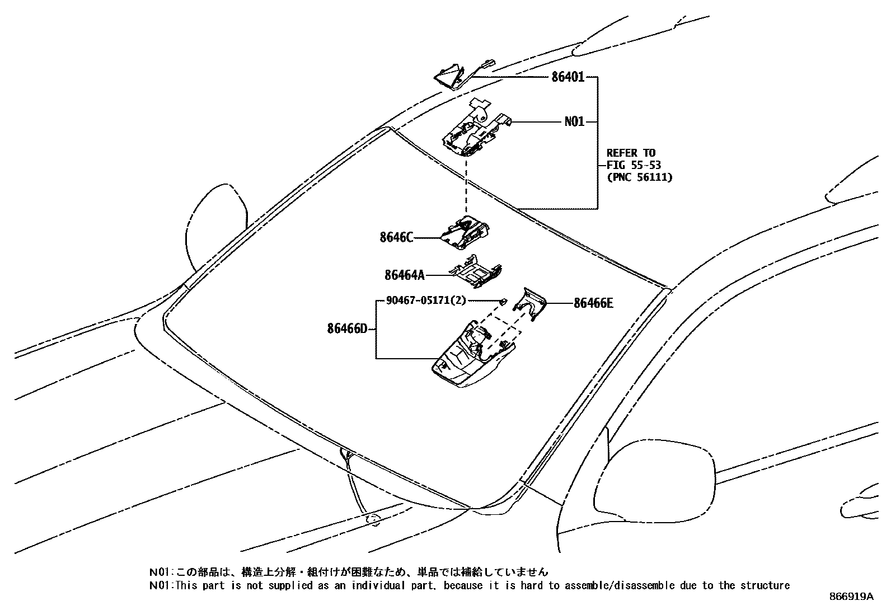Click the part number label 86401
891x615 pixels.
coord(568,77)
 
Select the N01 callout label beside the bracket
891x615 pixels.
coord(574,121)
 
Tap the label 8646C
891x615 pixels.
coord(396,238)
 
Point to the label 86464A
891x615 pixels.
coord(405,275)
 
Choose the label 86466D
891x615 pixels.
coord(348,328)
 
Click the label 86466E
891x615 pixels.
coord(593,303)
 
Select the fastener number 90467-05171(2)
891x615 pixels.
coord(426,301)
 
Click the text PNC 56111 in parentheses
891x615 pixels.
coord(639,177)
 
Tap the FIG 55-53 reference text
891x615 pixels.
coord(634,165)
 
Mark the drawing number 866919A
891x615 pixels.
coord(851,597)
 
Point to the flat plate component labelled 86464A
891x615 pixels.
coord(476,271)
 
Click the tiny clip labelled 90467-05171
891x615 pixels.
coord(503,302)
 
